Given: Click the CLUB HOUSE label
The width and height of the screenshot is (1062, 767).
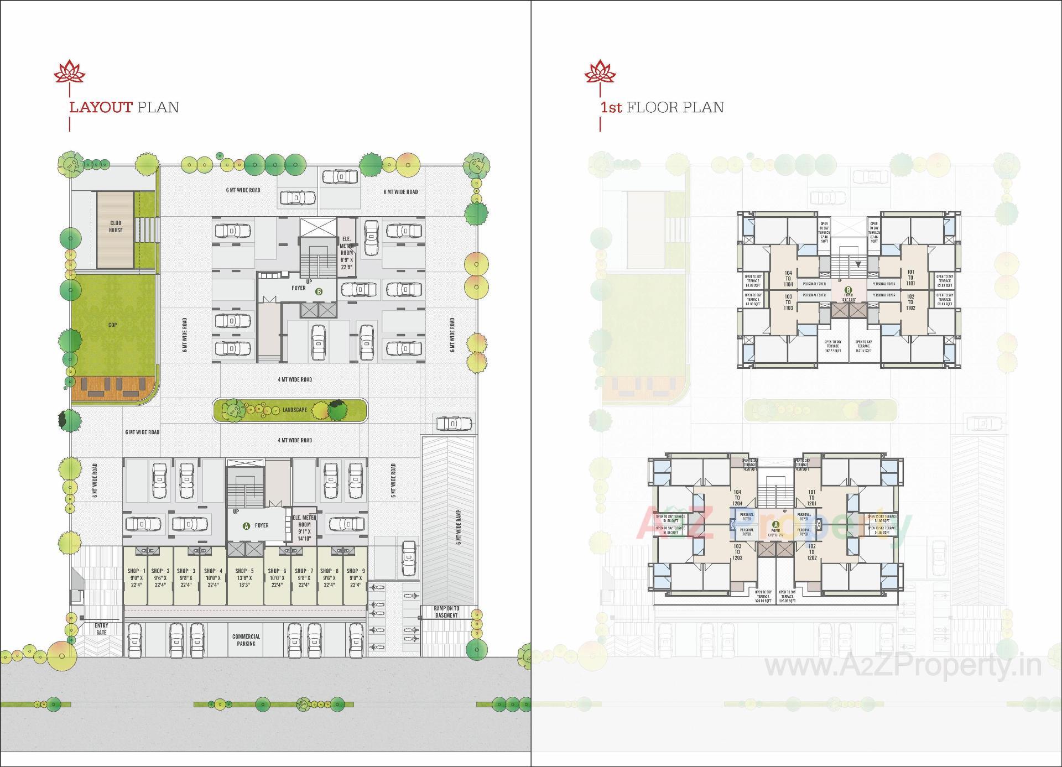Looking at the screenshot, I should click(x=116, y=227).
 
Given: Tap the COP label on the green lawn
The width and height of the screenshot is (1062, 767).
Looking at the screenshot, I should click(x=113, y=325).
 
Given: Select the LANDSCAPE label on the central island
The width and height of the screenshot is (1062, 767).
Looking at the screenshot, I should click(x=294, y=410).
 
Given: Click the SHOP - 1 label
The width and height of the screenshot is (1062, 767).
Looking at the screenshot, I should click(x=136, y=571).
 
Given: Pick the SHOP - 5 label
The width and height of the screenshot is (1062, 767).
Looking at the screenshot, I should click(x=244, y=571).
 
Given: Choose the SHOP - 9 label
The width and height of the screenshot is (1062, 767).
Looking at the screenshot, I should click(x=355, y=571).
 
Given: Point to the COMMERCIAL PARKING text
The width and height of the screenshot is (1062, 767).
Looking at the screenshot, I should click(x=246, y=640).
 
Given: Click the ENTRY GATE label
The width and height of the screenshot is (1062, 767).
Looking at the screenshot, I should click(x=102, y=629).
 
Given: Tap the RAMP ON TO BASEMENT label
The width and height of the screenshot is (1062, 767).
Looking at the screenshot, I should click(x=446, y=612).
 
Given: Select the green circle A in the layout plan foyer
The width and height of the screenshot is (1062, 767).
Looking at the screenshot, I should click(x=247, y=526).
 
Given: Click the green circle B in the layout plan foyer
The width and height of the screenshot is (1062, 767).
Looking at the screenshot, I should click(x=319, y=291).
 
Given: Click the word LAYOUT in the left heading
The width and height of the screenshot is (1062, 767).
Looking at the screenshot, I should click(x=101, y=107).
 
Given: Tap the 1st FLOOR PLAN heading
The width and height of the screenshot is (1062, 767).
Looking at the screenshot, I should click(x=662, y=107).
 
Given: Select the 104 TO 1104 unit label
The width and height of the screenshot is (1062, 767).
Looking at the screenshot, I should click(x=788, y=279).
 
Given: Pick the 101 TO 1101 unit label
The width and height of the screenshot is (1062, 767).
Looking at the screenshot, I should click(x=910, y=278).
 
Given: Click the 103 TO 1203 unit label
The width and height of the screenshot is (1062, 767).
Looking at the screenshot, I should click(x=737, y=552).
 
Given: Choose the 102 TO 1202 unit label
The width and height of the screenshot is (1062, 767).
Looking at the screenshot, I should click(x=811, y=552).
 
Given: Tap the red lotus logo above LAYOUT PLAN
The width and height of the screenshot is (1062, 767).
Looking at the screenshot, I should click(x=69, y=73).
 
